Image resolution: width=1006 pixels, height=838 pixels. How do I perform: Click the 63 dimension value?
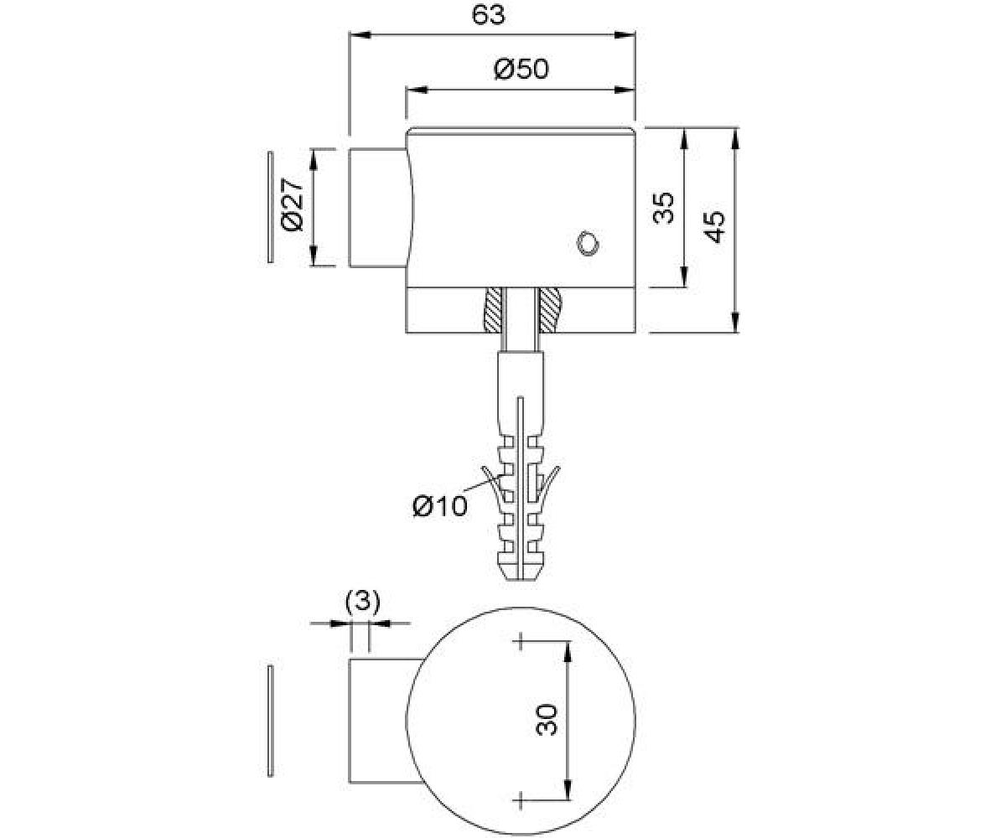488,15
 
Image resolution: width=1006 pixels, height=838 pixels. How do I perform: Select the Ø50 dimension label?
521,69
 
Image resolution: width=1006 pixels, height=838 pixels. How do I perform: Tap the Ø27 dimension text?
293,204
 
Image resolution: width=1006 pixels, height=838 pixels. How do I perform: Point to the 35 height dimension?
663,208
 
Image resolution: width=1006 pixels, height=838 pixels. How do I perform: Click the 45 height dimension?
713,227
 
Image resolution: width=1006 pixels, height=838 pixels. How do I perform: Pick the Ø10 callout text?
440,506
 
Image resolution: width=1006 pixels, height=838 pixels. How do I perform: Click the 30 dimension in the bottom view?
546,720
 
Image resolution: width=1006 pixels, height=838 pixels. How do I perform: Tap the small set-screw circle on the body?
588,243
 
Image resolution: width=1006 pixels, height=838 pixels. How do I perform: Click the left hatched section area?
493,310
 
